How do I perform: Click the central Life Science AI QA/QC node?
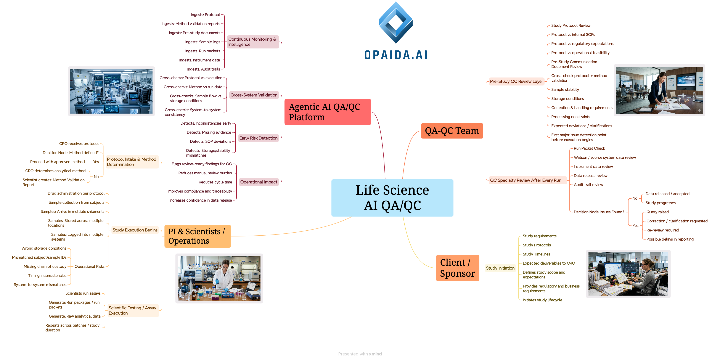click(392, 198)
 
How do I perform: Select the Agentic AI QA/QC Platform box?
click(328, 112)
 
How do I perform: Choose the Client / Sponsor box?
click(457, 268)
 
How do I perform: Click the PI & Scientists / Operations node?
click(197, 236)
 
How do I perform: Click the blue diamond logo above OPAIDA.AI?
click(395, 23)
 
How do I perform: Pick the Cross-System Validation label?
click(254, 95)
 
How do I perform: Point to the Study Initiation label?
click(500, 268)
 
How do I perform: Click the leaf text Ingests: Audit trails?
click(204, 69)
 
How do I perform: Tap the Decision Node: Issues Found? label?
click(599, 212)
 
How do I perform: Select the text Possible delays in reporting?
click(670, 239)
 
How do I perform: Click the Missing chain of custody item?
click(45, 266)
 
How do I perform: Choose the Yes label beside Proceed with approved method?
click(96, 162)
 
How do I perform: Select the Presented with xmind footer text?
click(360, 354)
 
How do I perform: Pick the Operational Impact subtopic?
click(259, 182)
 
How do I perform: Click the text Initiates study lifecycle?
click(542, 300)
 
